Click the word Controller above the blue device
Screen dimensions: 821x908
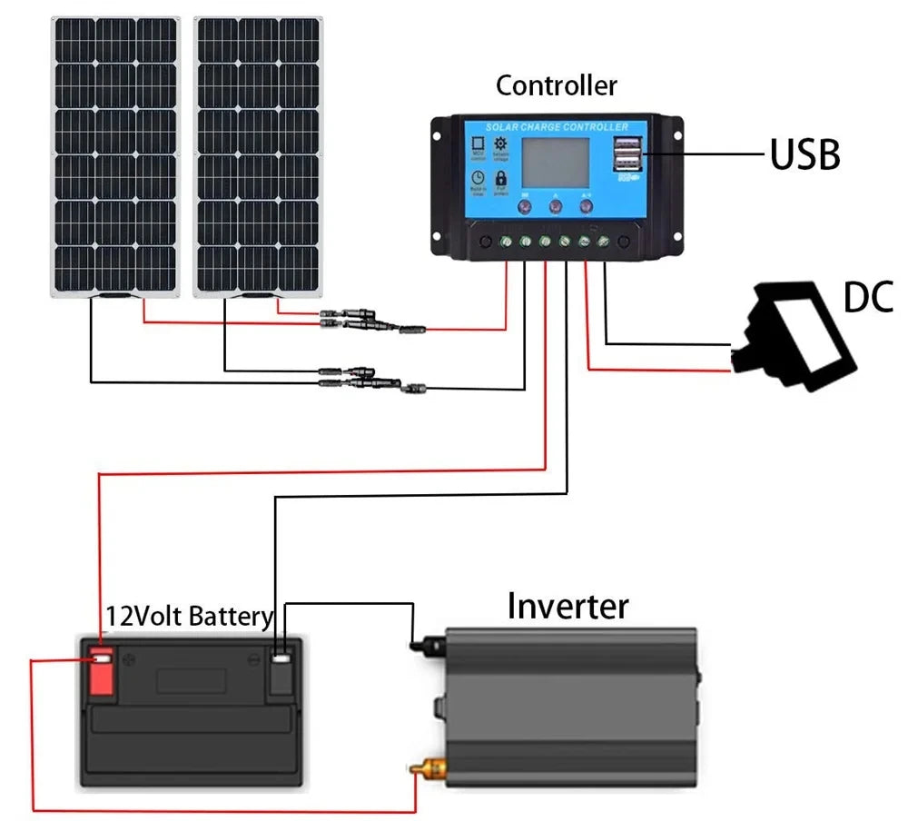tap(556, 85)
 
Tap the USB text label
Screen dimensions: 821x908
tap(804, 155)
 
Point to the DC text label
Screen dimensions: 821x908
tap(868, 297)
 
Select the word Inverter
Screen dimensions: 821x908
tap(567, 606)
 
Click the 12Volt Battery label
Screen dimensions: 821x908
tap(189, 617)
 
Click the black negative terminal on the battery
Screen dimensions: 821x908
tap(282, 671)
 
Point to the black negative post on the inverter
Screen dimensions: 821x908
tap(419, 646)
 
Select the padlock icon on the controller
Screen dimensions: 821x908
tap(500, 179)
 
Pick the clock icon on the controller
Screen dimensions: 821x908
tap(478, 179)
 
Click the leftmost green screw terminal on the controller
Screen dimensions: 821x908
tap(505, 242)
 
